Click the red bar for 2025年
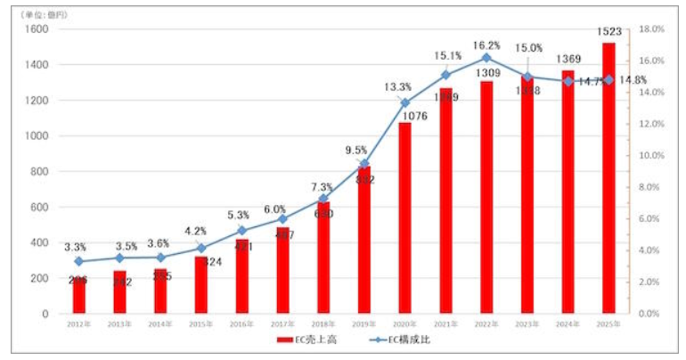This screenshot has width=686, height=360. coord(608,178)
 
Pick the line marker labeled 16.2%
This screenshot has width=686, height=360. coord(486,58)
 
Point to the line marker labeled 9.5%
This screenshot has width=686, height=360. coord(363,164)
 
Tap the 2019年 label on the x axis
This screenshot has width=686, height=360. coord(363,324)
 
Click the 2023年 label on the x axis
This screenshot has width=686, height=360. coord(527,324)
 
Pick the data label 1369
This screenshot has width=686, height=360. coord(568,60)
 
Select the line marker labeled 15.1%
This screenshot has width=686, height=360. coord(445,76)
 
